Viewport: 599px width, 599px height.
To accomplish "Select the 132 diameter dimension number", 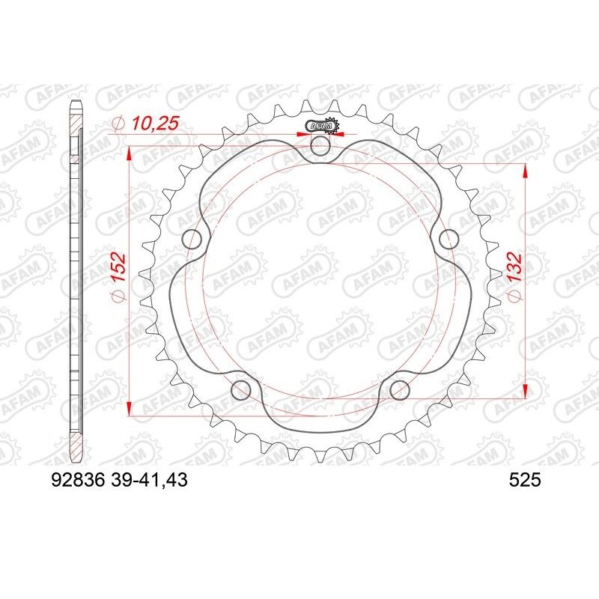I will tap(514, 277).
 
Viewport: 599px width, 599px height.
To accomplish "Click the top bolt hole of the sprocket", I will tap(321, 147).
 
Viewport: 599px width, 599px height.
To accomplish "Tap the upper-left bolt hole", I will tap(193, 240).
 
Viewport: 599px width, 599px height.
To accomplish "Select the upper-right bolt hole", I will tap(449, 240).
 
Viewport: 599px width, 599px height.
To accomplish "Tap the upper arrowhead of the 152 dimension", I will tap(130, 154).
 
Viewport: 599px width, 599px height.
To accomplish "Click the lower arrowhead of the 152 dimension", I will tap(130, 407).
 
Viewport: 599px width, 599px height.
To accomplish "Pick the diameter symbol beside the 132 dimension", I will tap(514, 298).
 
